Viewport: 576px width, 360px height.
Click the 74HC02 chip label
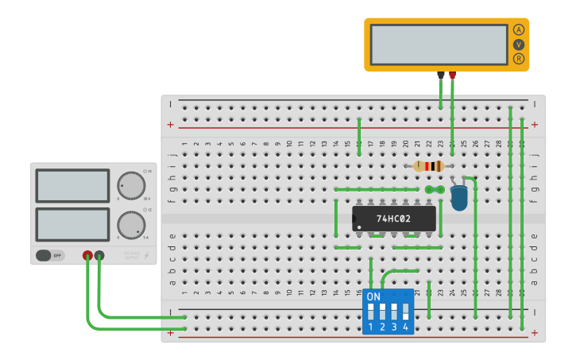tap(393, 219)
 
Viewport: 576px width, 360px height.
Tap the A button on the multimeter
tap(519, 29)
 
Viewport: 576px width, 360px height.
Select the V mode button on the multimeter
tap(519, 45)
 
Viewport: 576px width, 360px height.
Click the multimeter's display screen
tap(439, 45)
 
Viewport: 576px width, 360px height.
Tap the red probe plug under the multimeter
tap(452, 75)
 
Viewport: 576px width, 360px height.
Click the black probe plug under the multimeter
tap(441, 75)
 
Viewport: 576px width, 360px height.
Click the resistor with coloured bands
tap(429, 166)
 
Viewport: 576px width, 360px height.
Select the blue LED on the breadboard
tap(458, 197)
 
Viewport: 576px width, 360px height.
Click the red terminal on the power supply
tap(87, 255)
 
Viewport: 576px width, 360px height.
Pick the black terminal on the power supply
tap(99, 255)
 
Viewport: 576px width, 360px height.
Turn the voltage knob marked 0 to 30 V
tap(131, 185)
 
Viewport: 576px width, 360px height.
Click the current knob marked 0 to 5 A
tap(131, 225)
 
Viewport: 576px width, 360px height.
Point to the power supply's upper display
tap(72, 185)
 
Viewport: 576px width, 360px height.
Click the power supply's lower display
tap(72, 224)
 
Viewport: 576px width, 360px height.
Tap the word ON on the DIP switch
tap(373, 296)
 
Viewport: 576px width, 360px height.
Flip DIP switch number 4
tap(405, 311)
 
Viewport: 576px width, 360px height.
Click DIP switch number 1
tap(371, 311)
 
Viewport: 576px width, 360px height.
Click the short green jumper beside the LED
tap(435, 190)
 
